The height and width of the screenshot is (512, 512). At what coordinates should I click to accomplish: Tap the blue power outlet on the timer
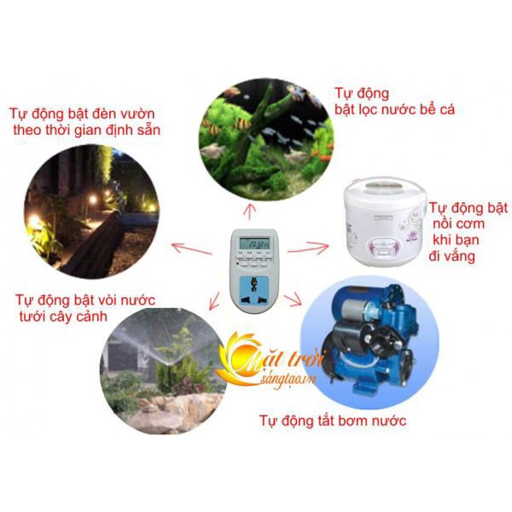[x=253, y=290]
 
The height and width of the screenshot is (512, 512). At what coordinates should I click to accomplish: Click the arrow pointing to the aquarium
[x=250, y=212]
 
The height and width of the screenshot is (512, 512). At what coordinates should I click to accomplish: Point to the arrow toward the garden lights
[x=191, y=248]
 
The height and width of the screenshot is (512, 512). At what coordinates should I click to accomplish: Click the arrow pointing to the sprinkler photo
[x=214, y=300]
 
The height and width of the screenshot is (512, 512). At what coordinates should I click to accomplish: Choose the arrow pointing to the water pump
[x=292, y=300]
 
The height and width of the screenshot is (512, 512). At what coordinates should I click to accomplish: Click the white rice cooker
[x=386, y=221]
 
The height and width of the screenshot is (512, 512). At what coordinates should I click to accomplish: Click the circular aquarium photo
[x=266, y=140]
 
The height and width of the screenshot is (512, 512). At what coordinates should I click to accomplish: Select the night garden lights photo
[x=91, y=212]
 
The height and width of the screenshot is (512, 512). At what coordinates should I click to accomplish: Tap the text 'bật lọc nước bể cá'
[x=394, y=109]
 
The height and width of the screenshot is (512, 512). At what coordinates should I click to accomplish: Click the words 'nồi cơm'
[x=458, y=224]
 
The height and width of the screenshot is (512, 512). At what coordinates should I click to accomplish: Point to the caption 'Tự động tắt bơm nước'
[x=333, y=421]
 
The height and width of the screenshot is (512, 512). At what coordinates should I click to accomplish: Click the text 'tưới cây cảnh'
[x=63, y=317]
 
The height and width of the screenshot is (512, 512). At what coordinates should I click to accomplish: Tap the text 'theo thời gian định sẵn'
[x=86, y=131]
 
